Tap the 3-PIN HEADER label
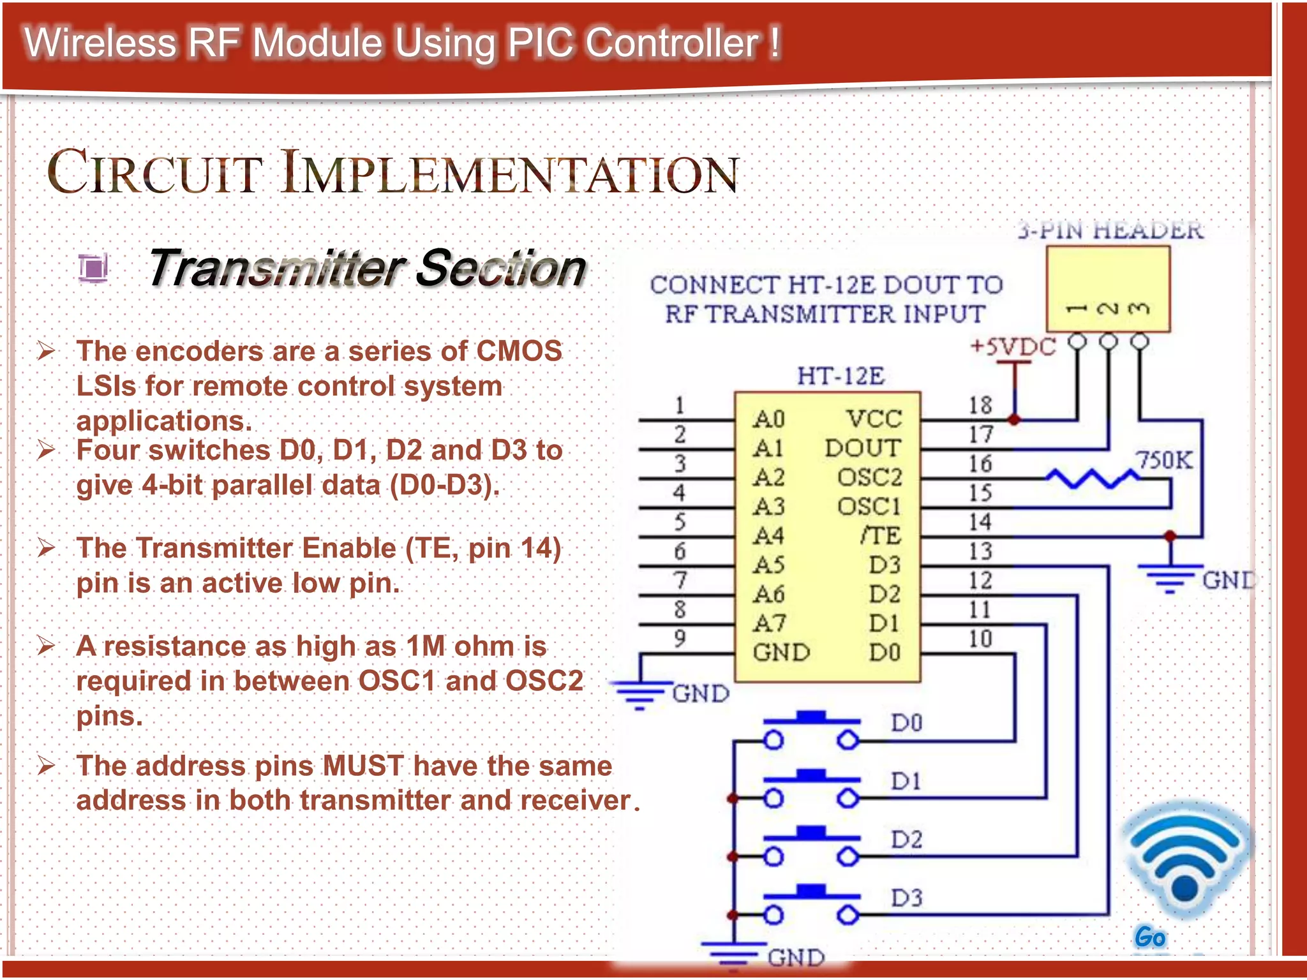(1110, 230)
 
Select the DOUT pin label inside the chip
(863, 448)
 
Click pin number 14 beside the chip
(980, 522)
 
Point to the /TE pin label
(881, 535)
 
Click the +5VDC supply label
(1013, 346)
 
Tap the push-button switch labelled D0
(811, 731)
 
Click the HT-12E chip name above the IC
(840, 376)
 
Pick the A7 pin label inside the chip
(769, 623)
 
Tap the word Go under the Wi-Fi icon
(1150, 937)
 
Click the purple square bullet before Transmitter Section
(94, 268)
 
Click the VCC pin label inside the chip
(874, 419)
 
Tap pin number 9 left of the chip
(680, 637)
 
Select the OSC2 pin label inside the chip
(869, 477)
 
